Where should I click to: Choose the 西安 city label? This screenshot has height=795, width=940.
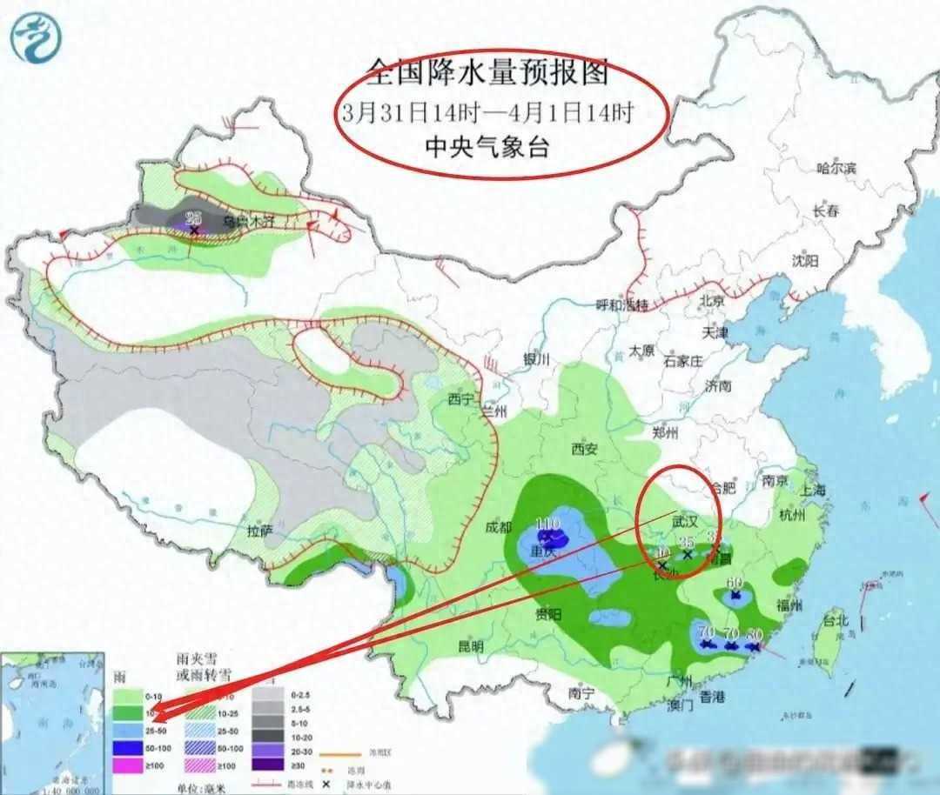(x=585, y=450)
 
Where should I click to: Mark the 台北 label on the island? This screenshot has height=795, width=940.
(x=835, y=621)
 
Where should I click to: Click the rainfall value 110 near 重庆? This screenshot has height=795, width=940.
(x=547, y=524)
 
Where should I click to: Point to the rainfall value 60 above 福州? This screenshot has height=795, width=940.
(x=735, y=583)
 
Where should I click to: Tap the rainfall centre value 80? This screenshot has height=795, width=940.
(x=754, y=634)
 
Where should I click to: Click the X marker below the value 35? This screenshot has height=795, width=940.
(x=687, y=554)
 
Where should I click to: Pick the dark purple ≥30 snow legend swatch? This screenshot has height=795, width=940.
(x=270, y=765)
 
